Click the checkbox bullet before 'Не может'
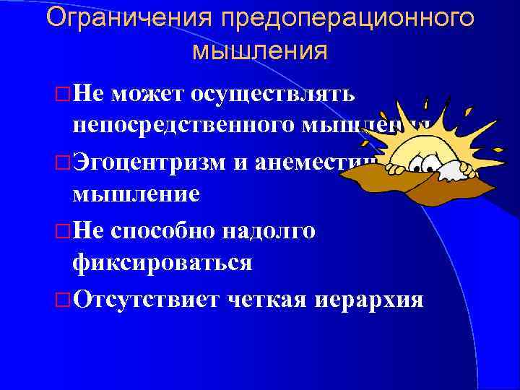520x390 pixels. tap(63, 94)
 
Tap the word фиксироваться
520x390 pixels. tap(162, 261)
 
